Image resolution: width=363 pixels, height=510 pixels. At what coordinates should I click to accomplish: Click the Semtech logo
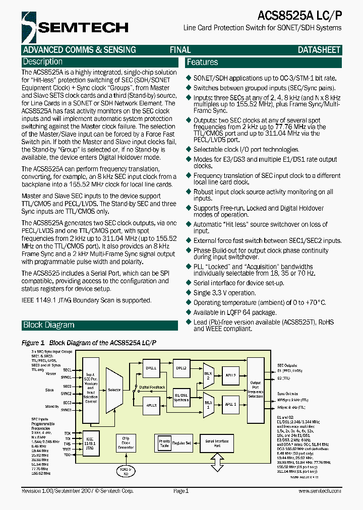pos(75,27)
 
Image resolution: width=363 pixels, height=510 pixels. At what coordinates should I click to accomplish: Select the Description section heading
pos(43,62)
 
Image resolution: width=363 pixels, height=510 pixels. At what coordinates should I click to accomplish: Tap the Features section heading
pos(202,62)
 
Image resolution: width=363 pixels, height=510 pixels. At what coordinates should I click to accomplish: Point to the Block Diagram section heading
pos(49,325)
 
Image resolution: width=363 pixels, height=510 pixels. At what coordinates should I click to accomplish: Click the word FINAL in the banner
pos(180,50)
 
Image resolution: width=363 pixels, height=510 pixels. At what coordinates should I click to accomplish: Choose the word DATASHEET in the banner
pos(319,50)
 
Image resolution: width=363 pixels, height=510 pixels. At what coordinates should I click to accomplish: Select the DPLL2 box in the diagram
pos(181,368)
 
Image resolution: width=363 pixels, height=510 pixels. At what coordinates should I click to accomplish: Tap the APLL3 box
pos(151,405)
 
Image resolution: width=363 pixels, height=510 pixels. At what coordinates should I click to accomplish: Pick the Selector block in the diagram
pos(114,390)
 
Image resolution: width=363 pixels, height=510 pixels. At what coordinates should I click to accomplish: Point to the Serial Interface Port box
pos(217,443)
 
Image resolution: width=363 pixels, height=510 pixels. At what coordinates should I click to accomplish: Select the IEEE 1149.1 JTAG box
pos(91,444)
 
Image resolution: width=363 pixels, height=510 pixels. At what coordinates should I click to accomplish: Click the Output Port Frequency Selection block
pos(256,389)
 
